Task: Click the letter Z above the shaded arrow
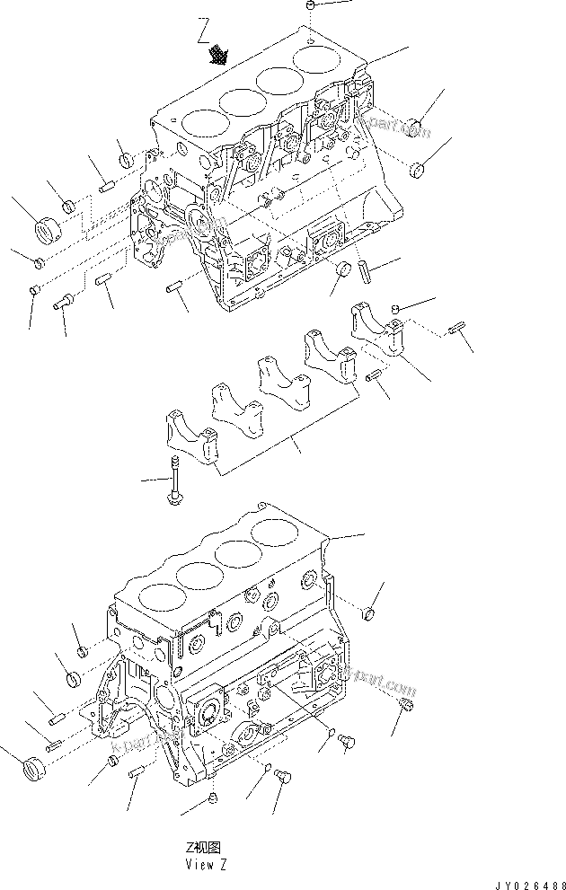(x=204, y=36)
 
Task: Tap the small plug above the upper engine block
(x=308, y=6)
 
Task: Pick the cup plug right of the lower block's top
(x=367, y=614)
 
